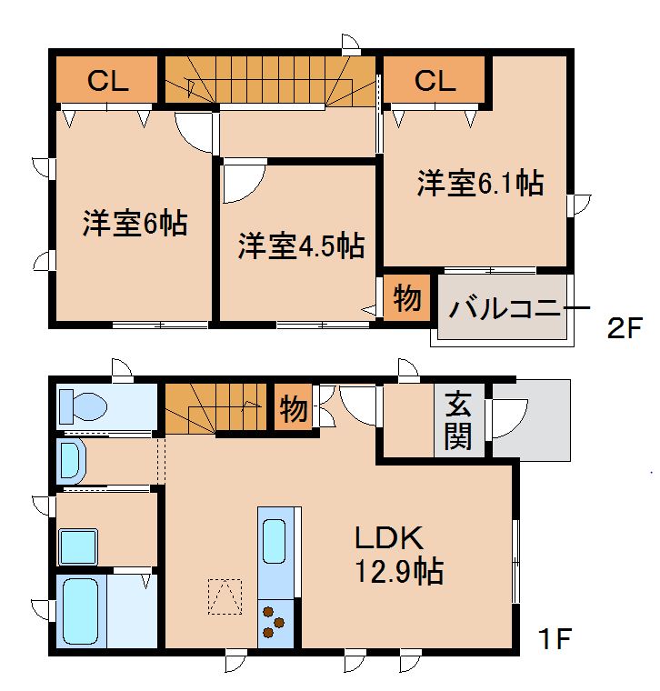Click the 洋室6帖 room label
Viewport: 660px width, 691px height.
[x=135, y=223]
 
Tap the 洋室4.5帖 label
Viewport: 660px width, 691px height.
[x=302, y=245]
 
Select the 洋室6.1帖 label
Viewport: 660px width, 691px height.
[x=480, y=183]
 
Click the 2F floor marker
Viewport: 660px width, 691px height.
[x=626, y=328]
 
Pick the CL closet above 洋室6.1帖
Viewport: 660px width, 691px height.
[x=435, y=81]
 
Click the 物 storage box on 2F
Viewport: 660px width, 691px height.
[x=406, y=298]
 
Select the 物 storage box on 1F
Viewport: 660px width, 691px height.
[x=293, y=408]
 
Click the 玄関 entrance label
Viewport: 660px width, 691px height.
[x=458, y=421]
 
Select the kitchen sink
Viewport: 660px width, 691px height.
[x=275, y=541]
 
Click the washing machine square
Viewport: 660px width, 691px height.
[x=78, y=547]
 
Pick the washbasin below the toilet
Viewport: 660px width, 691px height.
[x=71, y=462]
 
